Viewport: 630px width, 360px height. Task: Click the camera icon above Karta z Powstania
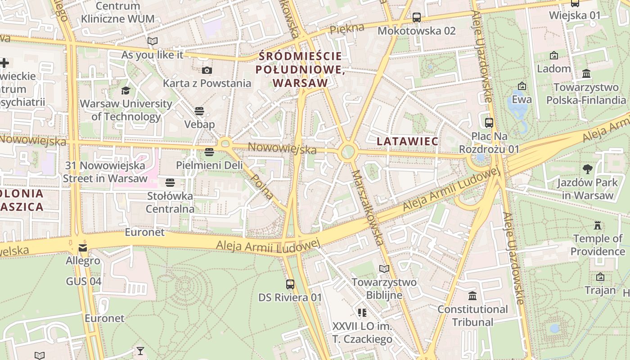tap(207, 70)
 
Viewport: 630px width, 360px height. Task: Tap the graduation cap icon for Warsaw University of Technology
tap(126, 90)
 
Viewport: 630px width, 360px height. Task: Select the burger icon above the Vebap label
tap(199, 111)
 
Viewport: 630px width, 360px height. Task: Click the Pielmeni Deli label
tap(209, 165)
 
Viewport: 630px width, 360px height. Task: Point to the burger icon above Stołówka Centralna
tap(170, 182)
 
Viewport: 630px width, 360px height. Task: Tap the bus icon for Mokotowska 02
tap(417, 18)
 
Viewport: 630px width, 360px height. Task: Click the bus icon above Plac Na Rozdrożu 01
tap(489, 122)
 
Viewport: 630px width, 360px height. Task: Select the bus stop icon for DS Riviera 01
tap(290, 284)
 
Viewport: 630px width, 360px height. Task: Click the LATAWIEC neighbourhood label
tap(407, 141)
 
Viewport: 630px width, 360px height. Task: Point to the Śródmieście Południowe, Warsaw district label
tap(300, 70)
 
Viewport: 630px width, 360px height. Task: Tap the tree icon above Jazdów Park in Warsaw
tap(587, 169)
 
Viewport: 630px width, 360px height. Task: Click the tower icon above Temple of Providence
tap(598, 225)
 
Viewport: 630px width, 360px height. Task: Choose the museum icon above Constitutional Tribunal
tap(472, 296)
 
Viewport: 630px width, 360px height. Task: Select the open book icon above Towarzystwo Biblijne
tap(384, 269)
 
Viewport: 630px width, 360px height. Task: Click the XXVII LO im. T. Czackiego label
tap(362, 333)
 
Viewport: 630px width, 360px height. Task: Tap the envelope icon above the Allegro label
tap(83, 248)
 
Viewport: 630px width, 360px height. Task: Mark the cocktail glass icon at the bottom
tap(140, 350)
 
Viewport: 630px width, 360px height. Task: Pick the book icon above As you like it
tap(153, 41)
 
